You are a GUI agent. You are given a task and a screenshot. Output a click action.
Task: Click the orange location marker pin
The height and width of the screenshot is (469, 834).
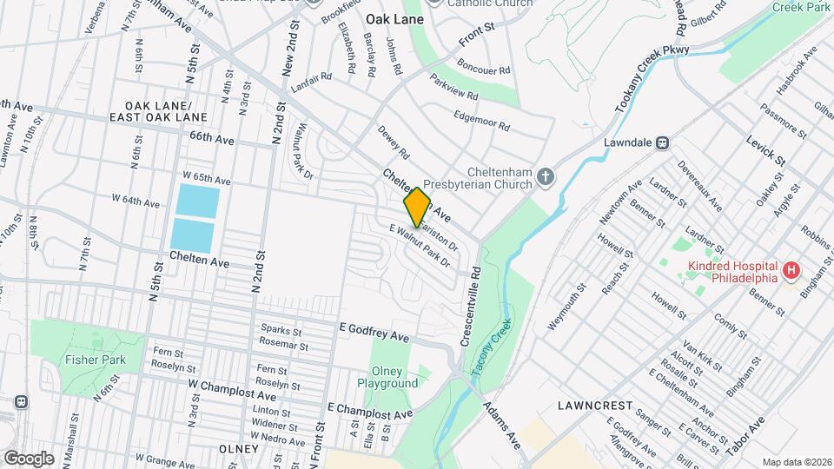click(x=417, y=207)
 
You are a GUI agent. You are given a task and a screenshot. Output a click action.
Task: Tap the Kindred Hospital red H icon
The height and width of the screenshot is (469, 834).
click(x=791, y=272)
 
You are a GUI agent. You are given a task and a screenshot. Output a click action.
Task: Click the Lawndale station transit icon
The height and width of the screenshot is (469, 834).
click(x=662, y=142)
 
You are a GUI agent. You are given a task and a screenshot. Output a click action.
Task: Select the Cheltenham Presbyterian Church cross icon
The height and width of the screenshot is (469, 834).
click(x=546, y=177)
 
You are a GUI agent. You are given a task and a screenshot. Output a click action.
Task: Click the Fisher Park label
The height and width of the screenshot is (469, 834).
click(x=95, y=360)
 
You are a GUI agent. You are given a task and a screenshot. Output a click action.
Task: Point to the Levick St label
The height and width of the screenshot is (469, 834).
click(x=765, y=149)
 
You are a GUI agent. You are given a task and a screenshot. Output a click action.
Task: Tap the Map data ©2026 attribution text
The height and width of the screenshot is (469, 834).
click(x=797, y=462)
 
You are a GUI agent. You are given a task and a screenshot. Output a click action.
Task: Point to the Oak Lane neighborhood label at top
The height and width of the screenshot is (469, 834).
click(x=394, y=18)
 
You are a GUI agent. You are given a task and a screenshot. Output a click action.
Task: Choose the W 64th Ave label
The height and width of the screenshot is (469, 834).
click(x=136, y=202)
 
